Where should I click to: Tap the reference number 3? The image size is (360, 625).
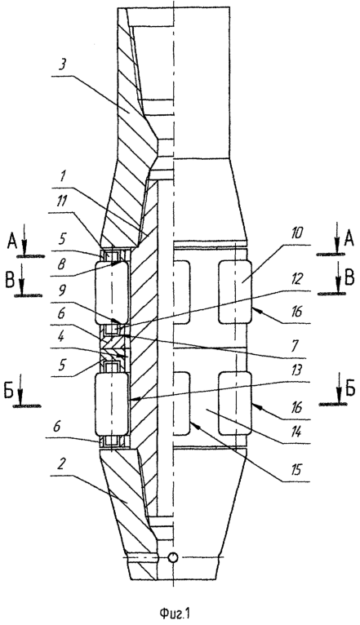pos(62,65)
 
